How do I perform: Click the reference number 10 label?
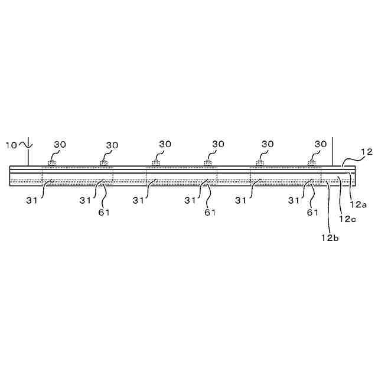11,144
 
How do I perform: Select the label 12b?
329,238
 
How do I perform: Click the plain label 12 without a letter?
366,152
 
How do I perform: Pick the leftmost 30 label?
60,144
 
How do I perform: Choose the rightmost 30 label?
320,144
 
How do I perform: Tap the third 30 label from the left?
165,144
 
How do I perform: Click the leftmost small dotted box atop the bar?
52,163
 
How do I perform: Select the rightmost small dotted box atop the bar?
311,163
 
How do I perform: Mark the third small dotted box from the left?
156,163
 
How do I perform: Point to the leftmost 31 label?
32,200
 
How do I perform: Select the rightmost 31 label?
294,200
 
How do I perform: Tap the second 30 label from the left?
112,144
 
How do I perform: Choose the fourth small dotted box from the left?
208,163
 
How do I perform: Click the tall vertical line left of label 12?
333,151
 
